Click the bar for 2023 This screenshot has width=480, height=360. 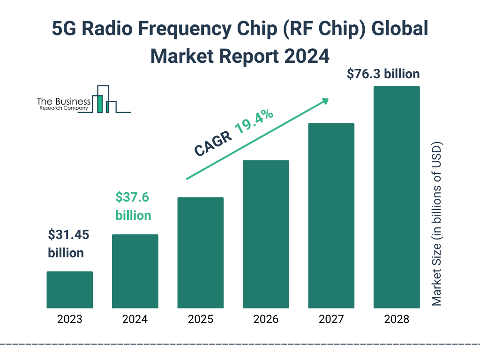(x=69, y=290)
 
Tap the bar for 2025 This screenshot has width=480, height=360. (x=200, y=253)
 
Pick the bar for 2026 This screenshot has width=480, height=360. (x=266, y=234)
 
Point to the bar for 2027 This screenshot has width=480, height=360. (x=331, y=216)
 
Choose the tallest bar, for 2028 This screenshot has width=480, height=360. (x=396, y=197)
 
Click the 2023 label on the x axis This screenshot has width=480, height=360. (x=69, y=320)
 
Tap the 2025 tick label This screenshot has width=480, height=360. (x=200, y=320)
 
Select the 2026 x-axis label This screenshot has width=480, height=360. (x=266, y=320)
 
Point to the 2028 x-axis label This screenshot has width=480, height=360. (x=396, y=320)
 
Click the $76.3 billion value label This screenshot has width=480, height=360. (x=383, y=74)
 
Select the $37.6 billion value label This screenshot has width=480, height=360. (x=133, y=206)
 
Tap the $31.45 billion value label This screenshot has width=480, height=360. (x=68, y=244)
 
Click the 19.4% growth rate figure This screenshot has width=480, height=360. (x=254, y=122)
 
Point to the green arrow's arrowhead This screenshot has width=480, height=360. (x=325, y=101)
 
